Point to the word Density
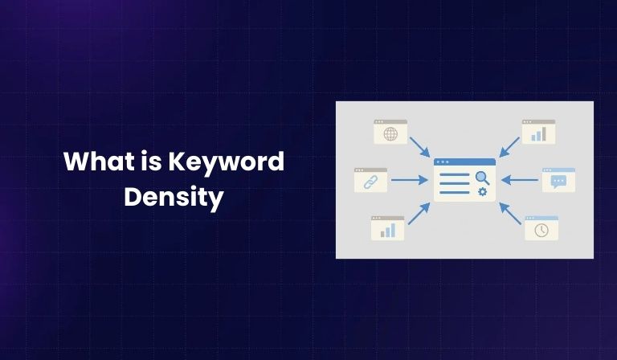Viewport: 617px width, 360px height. click(x=173, y=197)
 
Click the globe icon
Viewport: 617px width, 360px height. click(x=390, y=134)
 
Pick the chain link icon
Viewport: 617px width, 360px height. click(x=370, y=182)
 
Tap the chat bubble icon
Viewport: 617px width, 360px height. click(x=558, y=182)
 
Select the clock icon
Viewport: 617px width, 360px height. click(x=541, y=231)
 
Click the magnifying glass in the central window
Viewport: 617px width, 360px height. click(x=482, y=177)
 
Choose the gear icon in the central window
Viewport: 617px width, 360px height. click(x=482, y=191)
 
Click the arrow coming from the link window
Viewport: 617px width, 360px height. click(x=410, y=180)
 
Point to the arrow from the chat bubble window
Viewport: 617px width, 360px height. click(x=520, y=180)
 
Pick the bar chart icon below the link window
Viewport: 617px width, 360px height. click(x=387, y=231)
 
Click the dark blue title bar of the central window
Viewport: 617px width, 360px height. click(x=464, y=162)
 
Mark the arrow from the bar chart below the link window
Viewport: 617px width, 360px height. click(x=419, y=213)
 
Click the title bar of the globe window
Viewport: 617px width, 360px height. click(x=390, y=122)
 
